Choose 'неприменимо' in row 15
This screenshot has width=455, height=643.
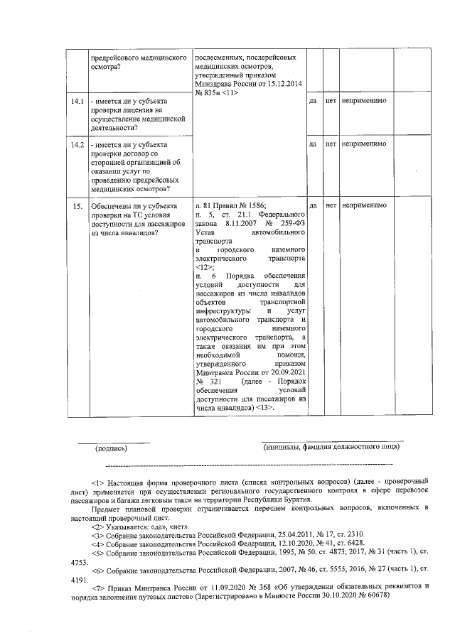tap(364, 205)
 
